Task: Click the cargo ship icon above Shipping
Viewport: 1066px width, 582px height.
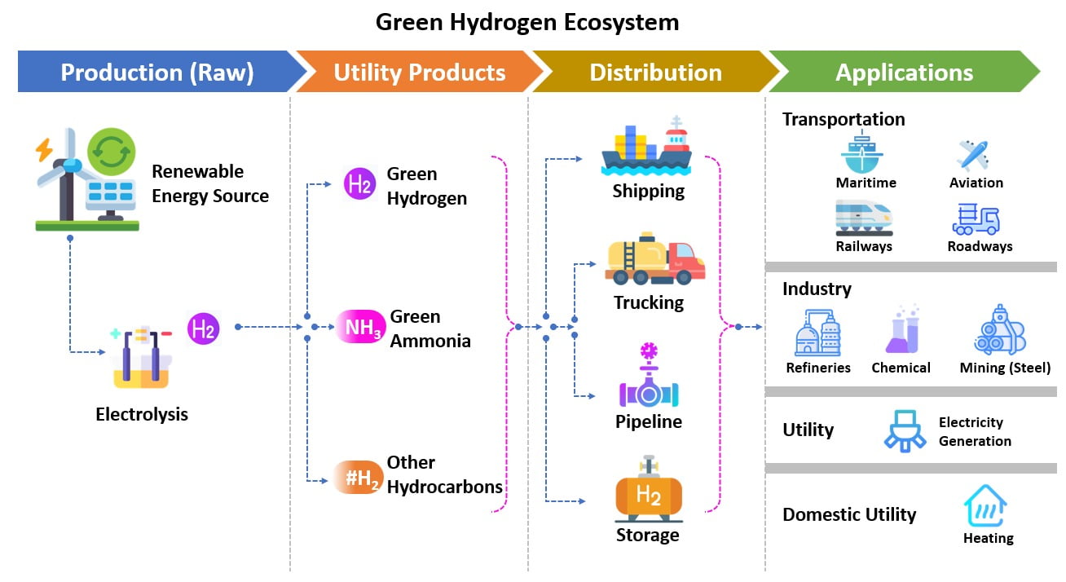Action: (646, 148)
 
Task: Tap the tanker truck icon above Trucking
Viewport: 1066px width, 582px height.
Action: (654, 258)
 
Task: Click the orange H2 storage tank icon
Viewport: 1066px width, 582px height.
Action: (649, 492)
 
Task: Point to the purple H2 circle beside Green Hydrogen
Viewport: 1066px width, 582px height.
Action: (359, 184)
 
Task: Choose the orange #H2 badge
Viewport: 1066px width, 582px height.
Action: (359, 478)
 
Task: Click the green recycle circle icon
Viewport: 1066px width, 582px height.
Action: (111, 152)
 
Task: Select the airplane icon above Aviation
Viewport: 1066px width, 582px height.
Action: (973, 154)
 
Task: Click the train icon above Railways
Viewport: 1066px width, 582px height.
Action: (863, 217)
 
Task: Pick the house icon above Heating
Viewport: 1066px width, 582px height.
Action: (985, 506)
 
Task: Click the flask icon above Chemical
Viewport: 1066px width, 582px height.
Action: (901, 330)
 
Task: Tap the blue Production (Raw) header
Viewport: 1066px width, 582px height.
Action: (157, 73)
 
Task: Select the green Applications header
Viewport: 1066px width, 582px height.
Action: (904, 73)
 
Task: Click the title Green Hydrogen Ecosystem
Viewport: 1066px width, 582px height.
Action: (527, 22)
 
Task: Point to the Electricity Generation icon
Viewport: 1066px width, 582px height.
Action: (905, 431)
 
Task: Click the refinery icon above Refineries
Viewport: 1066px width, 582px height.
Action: (817, 333)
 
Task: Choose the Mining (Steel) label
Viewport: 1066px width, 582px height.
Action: (1005, 368)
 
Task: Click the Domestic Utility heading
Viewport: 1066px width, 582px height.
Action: (849, 514)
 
